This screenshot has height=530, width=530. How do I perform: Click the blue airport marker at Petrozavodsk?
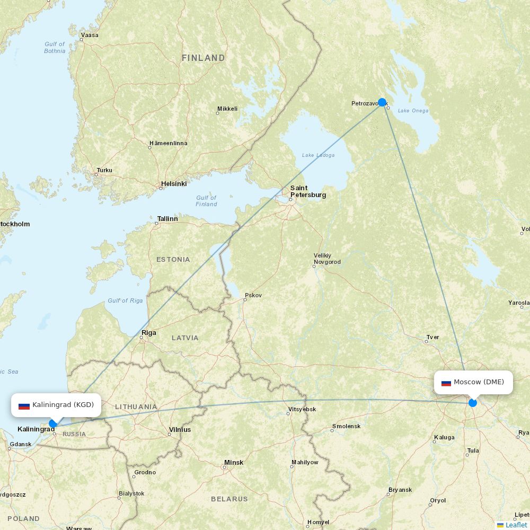pos(382,102)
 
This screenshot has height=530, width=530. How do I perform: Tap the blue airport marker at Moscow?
pos(473,403)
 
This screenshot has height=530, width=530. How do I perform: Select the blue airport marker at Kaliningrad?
pos(52,423)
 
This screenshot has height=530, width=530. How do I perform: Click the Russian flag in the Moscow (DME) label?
pos(446,383)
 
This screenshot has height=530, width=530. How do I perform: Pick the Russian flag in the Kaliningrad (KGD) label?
pos(24,405)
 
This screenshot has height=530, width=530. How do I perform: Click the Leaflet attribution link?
pos(516,525)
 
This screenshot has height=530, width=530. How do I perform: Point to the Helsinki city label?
pos(173,184)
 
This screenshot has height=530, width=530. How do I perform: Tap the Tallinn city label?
pos(167,218)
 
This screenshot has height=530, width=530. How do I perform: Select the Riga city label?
pos(149,333)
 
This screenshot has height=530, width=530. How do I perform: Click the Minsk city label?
pos(233,463)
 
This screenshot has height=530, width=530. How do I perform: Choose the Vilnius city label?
pos(180,430)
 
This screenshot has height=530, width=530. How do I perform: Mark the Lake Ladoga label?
pos(318,155)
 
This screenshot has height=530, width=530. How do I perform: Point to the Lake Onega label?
pos(413,110)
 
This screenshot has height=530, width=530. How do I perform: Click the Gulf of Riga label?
pos(125,301)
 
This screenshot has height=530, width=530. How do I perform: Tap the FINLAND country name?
pos(203,58)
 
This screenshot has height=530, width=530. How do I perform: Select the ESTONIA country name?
pos(173,259)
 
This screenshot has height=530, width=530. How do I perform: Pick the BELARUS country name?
pos(229,499)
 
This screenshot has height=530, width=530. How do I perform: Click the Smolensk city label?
pos(346,426)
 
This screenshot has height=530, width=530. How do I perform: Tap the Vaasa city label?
pos(89,35)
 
